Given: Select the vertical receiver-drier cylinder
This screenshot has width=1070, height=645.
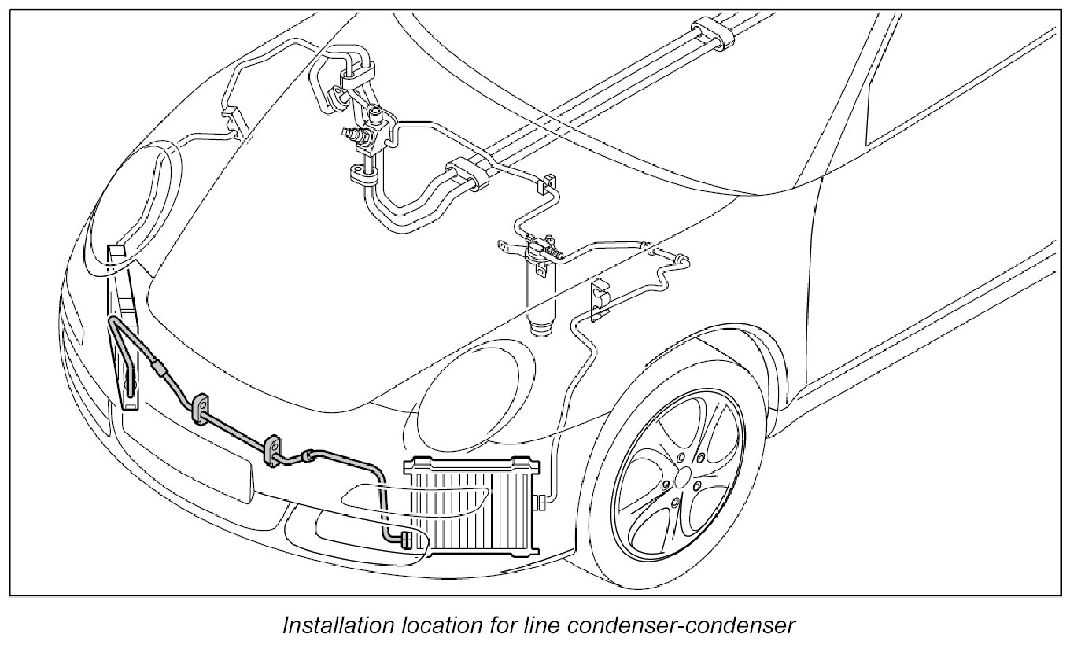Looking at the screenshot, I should [542, 291].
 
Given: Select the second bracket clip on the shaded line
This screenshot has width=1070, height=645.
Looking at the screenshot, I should [272, 449].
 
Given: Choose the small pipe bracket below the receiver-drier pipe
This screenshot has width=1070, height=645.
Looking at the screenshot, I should [600, 303].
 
